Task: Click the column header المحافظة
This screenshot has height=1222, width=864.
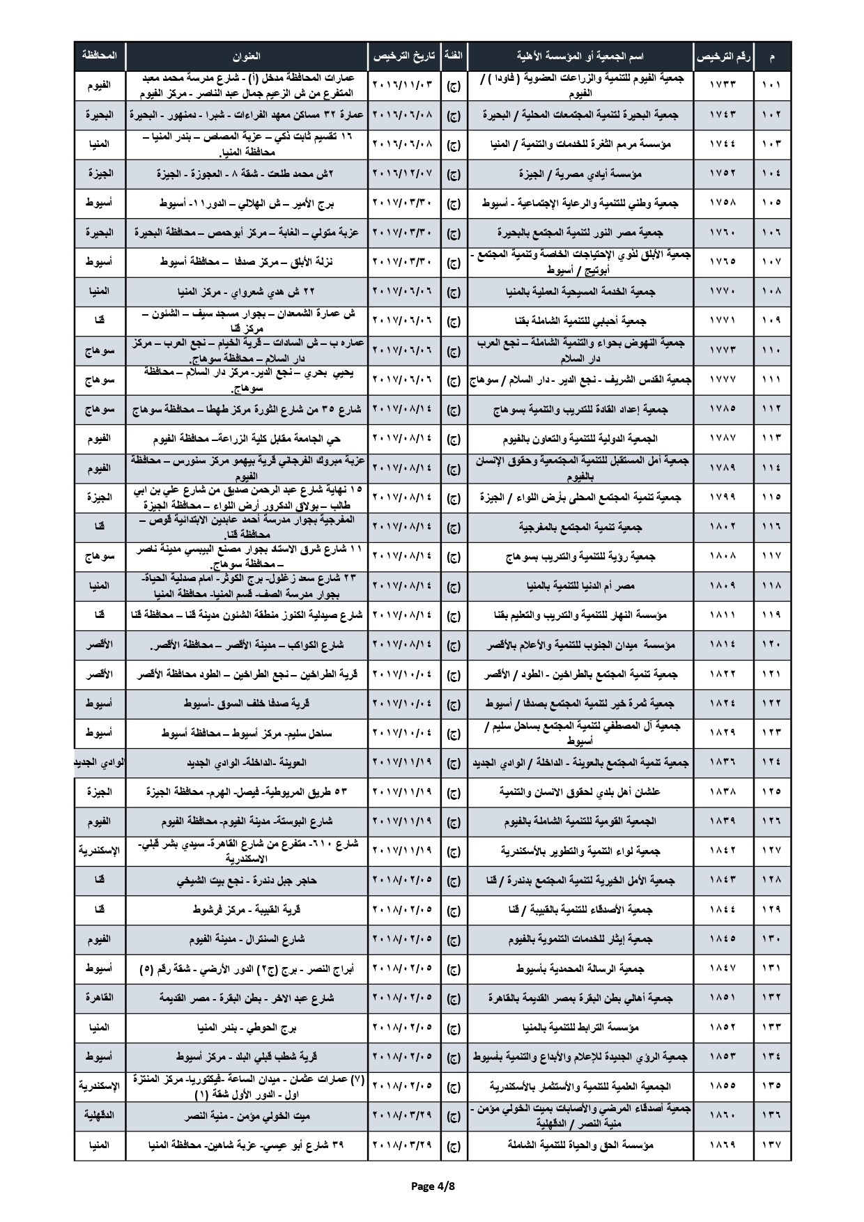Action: [100, 55]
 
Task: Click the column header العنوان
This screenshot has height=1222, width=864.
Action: [247, 56]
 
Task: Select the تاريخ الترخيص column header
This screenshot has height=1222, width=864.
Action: [403, 56]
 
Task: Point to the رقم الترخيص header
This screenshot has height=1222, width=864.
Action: [723, 56]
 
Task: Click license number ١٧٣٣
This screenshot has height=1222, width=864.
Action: [723, 85]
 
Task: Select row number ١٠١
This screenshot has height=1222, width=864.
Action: [771, 85]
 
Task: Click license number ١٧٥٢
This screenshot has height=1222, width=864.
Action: [723, 173]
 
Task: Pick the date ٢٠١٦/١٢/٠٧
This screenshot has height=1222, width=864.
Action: [403, 173]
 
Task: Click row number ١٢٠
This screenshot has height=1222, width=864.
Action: [771, 645]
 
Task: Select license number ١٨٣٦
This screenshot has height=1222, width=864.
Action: [723, 763]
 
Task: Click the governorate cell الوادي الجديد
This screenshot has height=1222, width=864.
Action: [100, 763]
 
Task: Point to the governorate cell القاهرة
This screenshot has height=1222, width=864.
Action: [100, 998]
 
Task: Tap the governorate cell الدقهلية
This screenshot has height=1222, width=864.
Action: [100, 1115]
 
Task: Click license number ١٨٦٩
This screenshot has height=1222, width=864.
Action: [723, 1145]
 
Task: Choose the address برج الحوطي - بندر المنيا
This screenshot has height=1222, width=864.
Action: [247, 1028]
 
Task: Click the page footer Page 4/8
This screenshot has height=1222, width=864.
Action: [432, 1184]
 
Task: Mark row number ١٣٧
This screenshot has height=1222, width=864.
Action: [771, 1145]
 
